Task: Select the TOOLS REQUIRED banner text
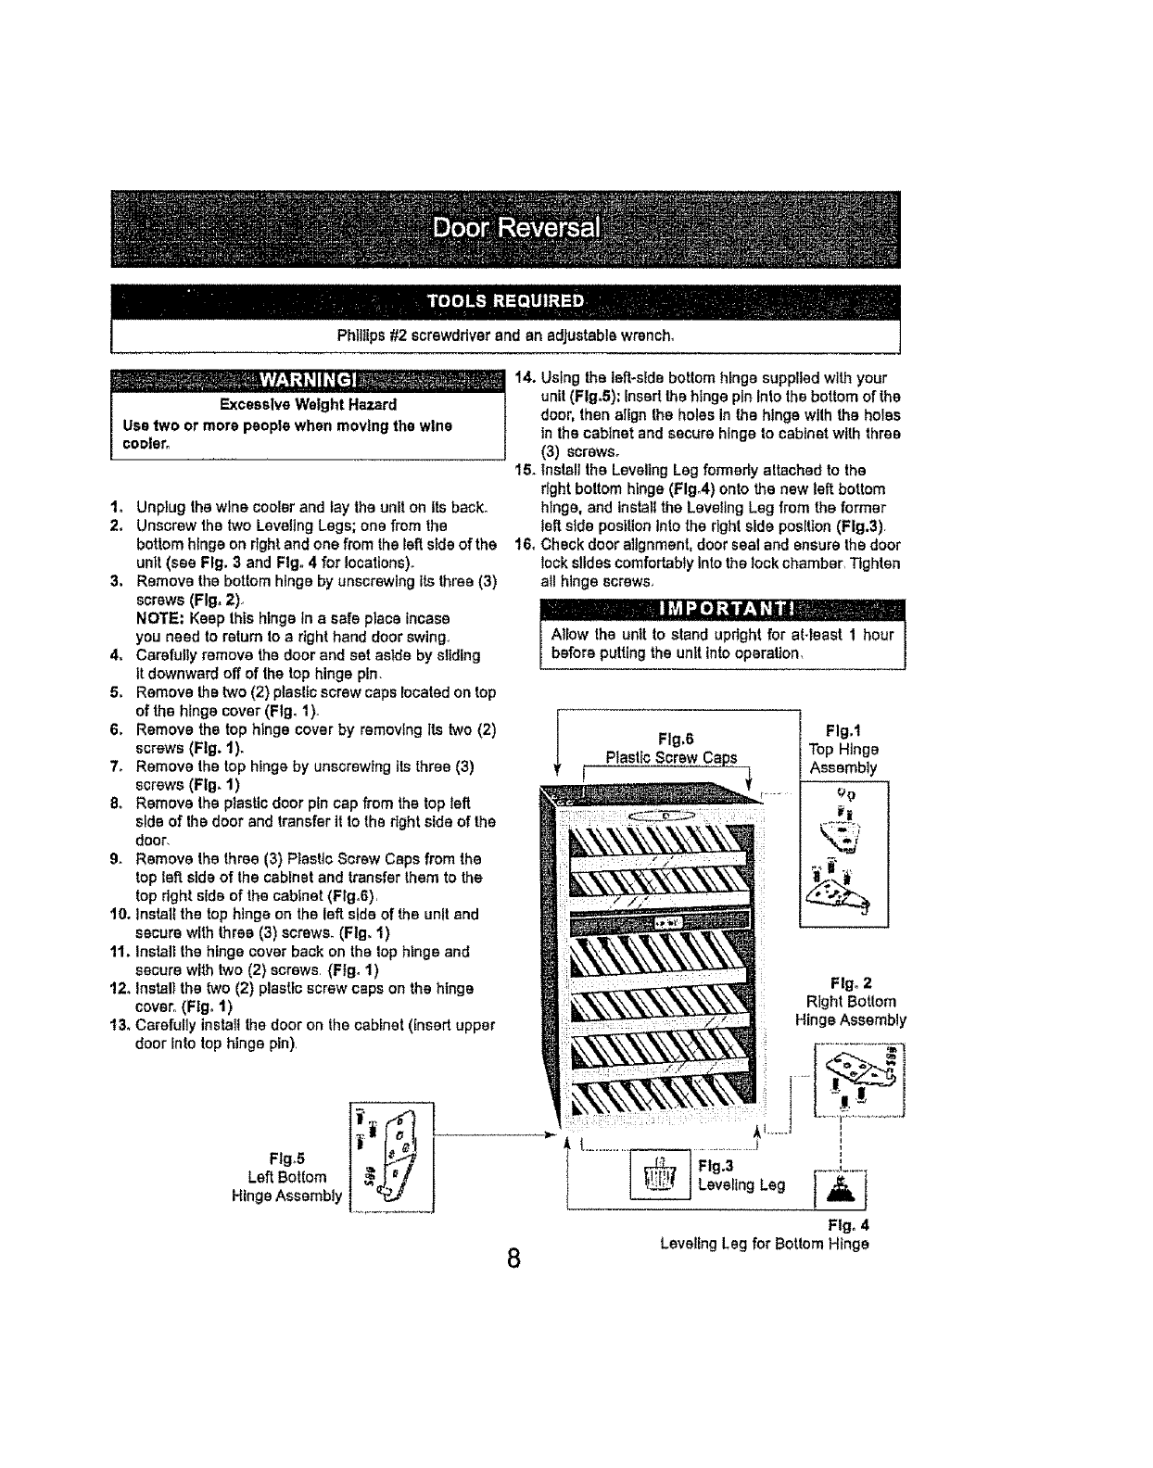click(505, 301)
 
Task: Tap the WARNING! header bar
click(307, 382)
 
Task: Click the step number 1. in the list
click(116, 507)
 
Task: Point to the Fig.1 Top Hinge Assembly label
click(843, 749)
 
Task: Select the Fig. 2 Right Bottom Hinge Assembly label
click(851, 1001)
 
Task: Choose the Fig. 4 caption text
click(764, 1234)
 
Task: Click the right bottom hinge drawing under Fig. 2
click(857, 1080)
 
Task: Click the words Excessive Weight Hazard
click(308, 405)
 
